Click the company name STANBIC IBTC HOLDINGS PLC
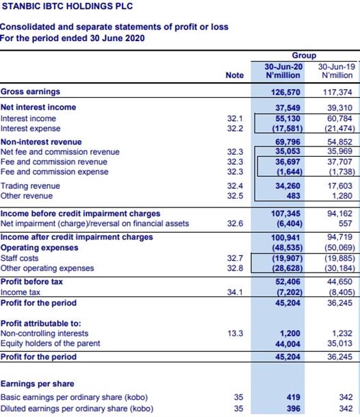[67, 6]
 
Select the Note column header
[235, 75]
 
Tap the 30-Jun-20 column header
[283, 71]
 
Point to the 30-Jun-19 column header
[337, 71]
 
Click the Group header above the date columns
[304, 55]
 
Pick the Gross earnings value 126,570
[285, 92]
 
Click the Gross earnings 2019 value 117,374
[337, 92]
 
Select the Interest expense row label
[30, 129]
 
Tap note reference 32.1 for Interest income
[235, 118]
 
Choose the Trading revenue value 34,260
[287, 186]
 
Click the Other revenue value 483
[293, 196]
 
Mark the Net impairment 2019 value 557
[346, 223]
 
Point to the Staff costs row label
[19, 258]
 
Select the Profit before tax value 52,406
[287, 281]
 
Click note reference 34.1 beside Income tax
[235, 292]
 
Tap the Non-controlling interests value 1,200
[290, 333]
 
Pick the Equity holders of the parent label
[50, 343]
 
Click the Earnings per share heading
[37, 383]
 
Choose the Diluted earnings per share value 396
[293, 408]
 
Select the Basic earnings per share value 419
[293, 397]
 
